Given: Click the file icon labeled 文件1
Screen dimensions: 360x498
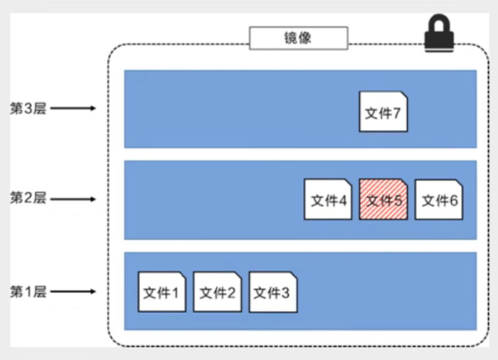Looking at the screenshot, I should point(162,292).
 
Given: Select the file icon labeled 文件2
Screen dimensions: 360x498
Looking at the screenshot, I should point(217,292).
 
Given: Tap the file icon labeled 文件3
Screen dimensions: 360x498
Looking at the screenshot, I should point(272,292).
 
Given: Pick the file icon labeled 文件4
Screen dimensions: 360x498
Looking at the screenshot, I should point(327,199).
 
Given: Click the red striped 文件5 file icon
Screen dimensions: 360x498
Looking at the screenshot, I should point(383,199).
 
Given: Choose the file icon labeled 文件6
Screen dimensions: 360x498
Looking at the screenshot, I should point(439,199).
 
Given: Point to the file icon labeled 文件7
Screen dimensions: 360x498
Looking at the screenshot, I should point(383,111).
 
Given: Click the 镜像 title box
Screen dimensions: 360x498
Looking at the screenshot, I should point(297,39).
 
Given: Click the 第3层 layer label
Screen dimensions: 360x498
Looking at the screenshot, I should point(28,108).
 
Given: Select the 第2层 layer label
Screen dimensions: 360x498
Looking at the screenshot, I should point(28,198).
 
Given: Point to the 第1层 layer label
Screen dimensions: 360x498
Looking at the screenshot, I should point(28,292).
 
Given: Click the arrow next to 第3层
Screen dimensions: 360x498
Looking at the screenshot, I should point(74,108).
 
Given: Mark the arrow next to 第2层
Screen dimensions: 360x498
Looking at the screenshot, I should point(74,198).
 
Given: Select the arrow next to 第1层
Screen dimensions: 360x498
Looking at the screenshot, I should point(74,292).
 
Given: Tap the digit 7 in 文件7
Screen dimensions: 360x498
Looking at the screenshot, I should point(396,113).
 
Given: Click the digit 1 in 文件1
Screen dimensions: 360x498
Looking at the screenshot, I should point(175,293).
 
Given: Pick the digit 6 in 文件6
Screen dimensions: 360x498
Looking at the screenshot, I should point(453,201).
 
